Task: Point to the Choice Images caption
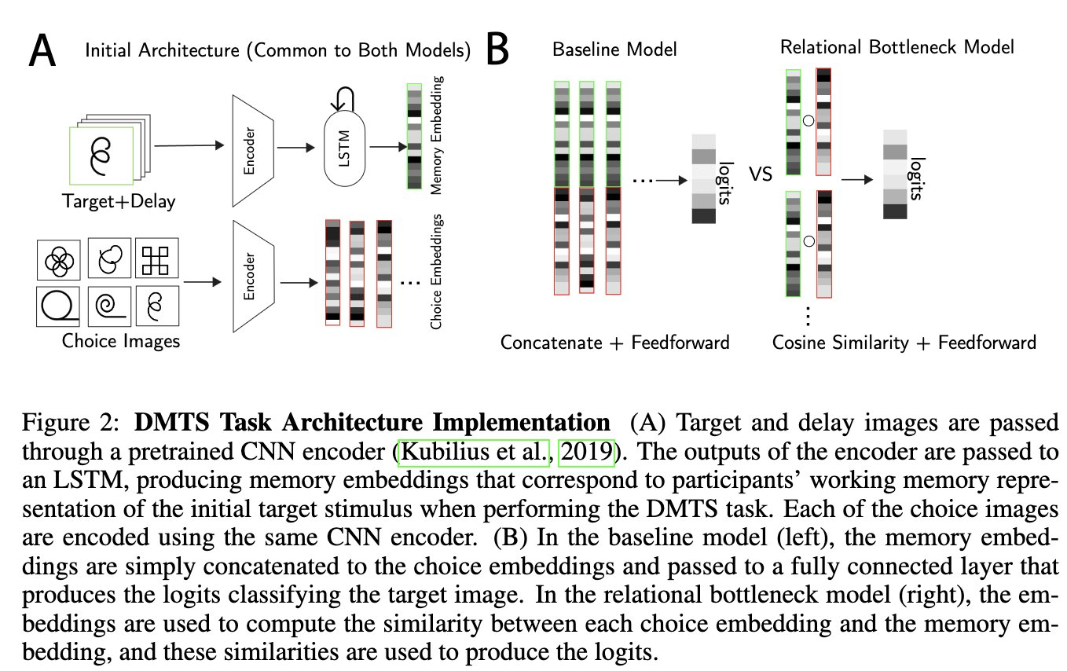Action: click(121, 340)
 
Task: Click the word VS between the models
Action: click(761, 174)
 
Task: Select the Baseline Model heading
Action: click(614, 50)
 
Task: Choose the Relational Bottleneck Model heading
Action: click(896, 47)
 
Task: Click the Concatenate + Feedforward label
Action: click(615, 342)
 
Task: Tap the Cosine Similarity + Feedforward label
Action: click(904, 342)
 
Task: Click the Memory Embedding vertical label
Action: click(438, 135)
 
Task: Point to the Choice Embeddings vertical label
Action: click(436, 270)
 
